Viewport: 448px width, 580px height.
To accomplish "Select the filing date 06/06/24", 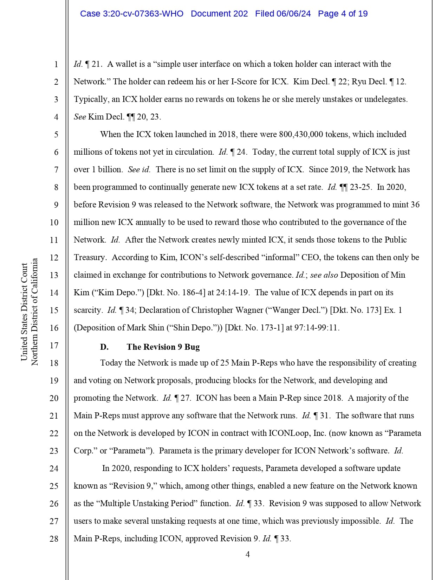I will [x=293, y=14].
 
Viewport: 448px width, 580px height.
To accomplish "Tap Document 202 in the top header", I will [x=219, y=14].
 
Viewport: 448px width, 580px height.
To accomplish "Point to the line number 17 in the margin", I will [x=54, y=346].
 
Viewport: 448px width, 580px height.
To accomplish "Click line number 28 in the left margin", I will [x=54, y=539].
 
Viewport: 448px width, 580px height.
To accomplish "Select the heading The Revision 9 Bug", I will [x=163, y=347].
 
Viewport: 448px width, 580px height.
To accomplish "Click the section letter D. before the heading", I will [x=104, y=347].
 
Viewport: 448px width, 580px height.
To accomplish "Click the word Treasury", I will [x=90, y=257].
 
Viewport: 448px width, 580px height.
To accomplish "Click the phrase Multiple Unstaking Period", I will [x=147, y=503].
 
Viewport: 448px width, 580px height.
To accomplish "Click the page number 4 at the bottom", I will [x=248, y=554].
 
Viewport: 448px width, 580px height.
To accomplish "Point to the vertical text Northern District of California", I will [x=34, y=312].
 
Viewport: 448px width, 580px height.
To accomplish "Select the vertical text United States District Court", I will [x=24, y=312].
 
